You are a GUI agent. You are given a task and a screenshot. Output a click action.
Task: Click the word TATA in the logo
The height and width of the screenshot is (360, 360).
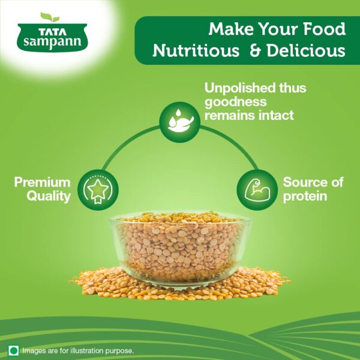pyautogui.click(x=52, y=32)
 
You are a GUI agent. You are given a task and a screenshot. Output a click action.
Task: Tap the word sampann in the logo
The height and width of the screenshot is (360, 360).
pyautogui.click(x=52, y=42)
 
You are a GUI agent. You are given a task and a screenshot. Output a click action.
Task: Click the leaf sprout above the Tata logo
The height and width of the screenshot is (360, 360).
pyautogui.click(x=50, y=17)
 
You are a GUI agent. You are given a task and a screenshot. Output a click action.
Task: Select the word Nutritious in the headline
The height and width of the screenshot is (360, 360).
pyautogui.click(x=196, y=50)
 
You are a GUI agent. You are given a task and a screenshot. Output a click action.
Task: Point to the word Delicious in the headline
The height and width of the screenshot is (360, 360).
pyautogui.click(x=306, y=50)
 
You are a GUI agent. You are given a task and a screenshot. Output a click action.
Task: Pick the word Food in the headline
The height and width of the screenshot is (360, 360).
pyautogui.click(x=325, y=29)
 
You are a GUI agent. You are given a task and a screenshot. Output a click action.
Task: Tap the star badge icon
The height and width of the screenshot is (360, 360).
pyautogui.click(x=98, y=190)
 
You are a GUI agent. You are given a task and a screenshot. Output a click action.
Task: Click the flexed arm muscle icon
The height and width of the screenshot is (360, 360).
pyautogui.click(x=257, y=190)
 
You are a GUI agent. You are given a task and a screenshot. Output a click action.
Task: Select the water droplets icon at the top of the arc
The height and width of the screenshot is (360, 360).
pyautogui.click(x=180, y=122)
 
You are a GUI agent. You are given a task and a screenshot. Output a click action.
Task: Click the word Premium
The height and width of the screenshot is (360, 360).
pyautogui.click(x=42, y=182)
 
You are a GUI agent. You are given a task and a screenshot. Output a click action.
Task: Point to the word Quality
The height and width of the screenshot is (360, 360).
pyautogui.click(x=49, y=197)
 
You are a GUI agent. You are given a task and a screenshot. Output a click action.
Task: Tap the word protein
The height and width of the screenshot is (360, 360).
pyautogui.click(x=305, y=197)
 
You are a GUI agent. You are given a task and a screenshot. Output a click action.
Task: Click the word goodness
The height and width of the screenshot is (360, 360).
pyautogui.click(x=236, y=102)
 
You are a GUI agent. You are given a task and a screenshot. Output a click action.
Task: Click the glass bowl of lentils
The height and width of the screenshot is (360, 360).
pyautogui.click(x=180, y=248)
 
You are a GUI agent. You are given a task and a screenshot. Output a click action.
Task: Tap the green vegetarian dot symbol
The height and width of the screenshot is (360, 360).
pyautogui.click(x=14, y=350)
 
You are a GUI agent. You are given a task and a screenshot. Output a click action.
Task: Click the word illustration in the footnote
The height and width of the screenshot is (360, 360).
pyautogui.click(x=87, y=351)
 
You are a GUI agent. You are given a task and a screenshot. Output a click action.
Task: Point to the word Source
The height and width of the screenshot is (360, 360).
pyautogui.click(x=304, y=182)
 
